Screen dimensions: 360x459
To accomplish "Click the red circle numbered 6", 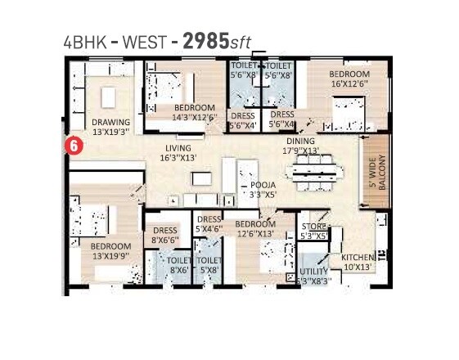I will [x=73, y=146].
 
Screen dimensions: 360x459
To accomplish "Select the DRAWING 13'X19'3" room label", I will [x=110, y=126].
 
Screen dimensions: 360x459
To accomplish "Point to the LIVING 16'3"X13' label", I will [x=178, y=154].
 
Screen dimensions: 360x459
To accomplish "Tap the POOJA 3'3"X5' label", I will [x=263, y=191].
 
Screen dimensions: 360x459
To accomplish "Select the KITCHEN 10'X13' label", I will [x=357, y=262].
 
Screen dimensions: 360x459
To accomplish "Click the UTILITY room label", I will [x=314, y=276].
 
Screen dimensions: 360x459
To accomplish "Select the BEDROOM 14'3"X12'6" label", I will [x=194, y=112].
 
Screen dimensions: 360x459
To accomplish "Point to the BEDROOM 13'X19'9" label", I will [x=110, y=250].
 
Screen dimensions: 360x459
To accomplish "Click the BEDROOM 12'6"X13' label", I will [x=254, y=228].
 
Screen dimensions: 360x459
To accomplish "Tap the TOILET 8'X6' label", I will [x=179, y=265].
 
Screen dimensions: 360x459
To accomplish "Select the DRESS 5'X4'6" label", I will [x=209, y=224].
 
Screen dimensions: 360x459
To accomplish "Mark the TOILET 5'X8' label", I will [x=209, y=264].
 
